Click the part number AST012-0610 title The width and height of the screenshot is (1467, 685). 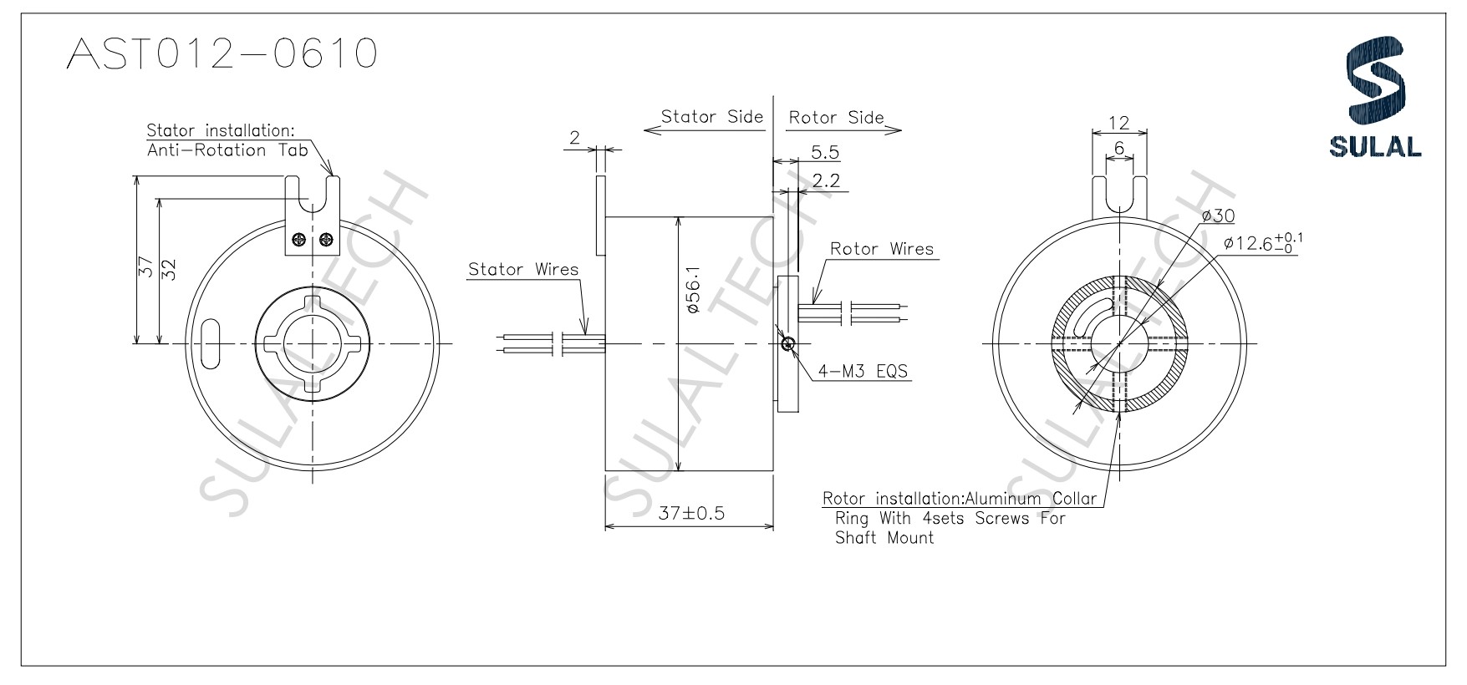click(222, 54)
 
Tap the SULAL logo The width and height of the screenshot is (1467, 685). click(1375, 99)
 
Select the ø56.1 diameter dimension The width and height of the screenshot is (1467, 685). click(691, 291)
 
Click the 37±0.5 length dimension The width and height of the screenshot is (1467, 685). click(690, 513)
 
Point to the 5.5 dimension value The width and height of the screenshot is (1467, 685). click(824, 152)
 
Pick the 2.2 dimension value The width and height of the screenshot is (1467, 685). click(825, 180)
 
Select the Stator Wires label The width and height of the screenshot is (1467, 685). click(523, 269)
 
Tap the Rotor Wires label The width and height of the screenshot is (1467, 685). click(881, 249)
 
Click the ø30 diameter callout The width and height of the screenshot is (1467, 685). click(1218, 216)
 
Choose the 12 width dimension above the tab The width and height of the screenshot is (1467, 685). click(1118, 123)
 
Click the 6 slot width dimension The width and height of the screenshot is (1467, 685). click(1118, 148)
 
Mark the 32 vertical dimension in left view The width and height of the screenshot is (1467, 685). click(168, 269)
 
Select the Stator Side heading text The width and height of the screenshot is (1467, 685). click(711, 116)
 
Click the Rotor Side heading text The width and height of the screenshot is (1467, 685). click(836, 117)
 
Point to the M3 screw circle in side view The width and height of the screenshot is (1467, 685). click(787, 342)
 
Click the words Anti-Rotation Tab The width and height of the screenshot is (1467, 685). click(227, 150)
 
